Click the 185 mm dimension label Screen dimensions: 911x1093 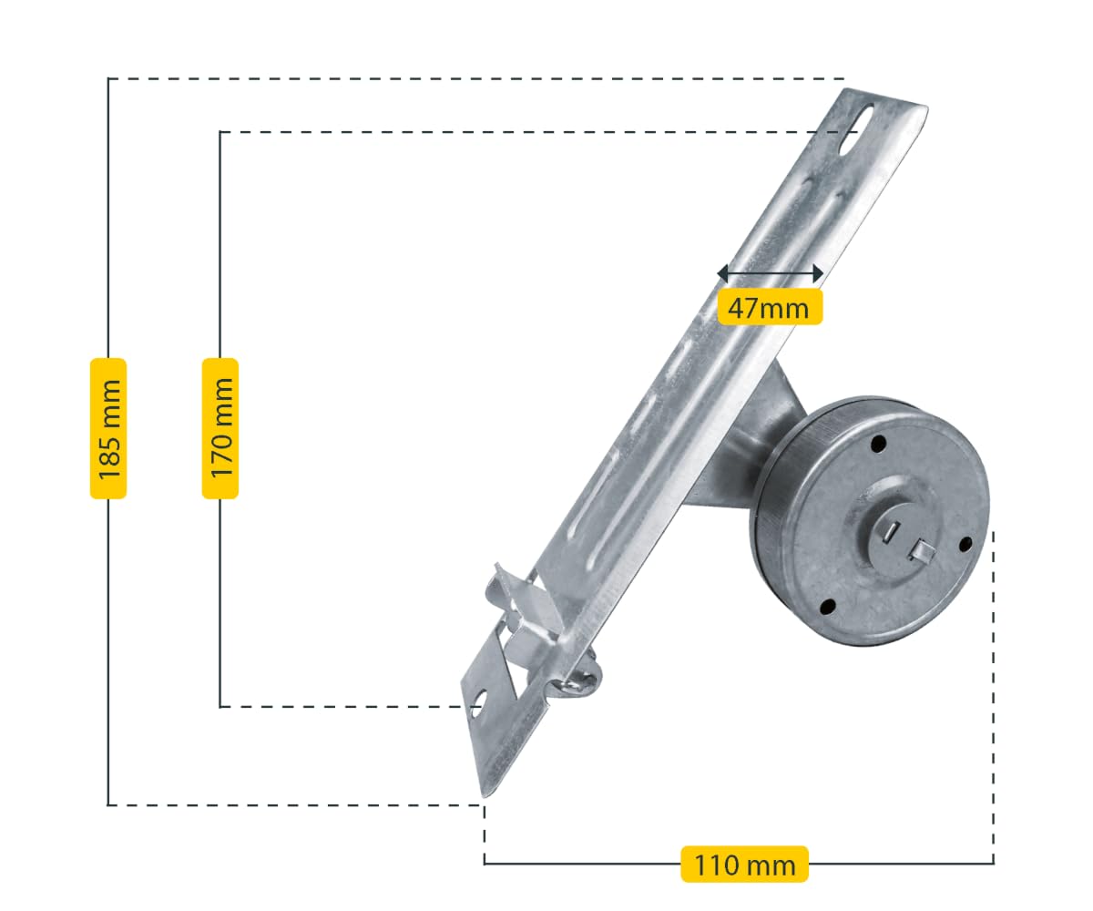(108, 428)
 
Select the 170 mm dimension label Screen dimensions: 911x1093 (220, 428)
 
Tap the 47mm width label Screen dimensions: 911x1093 (769, 308)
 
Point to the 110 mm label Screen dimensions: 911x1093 (744, 864)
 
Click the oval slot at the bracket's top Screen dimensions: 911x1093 (858, 128)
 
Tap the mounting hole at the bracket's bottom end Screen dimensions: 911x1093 (478, 701)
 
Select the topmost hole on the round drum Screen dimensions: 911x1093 (878, 445)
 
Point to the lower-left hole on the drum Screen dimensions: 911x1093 (827, 607)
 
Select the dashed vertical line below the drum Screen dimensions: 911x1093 (993, 692)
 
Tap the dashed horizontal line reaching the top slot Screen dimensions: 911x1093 (528, 132)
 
